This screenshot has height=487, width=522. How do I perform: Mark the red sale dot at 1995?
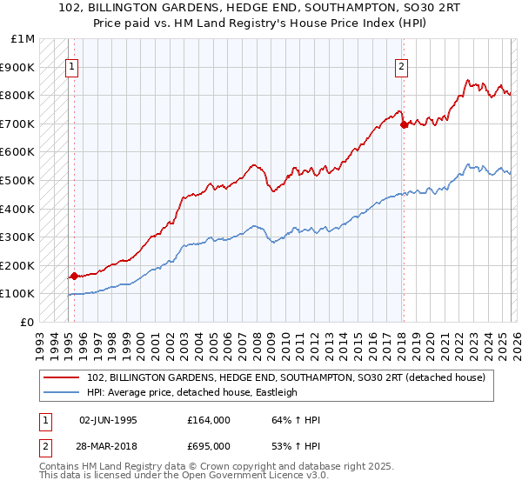tap(74, 276)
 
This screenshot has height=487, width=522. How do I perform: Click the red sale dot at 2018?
tap(403, 125)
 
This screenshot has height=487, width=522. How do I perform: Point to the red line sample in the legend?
tap(62, 377)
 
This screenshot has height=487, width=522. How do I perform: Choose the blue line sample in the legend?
tap(62, 392)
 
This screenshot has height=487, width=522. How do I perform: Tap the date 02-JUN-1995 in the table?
tap(108, 420)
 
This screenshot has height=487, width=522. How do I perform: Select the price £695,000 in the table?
tap(209, 446)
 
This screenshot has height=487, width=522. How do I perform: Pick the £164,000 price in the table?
tap(209, 420)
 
